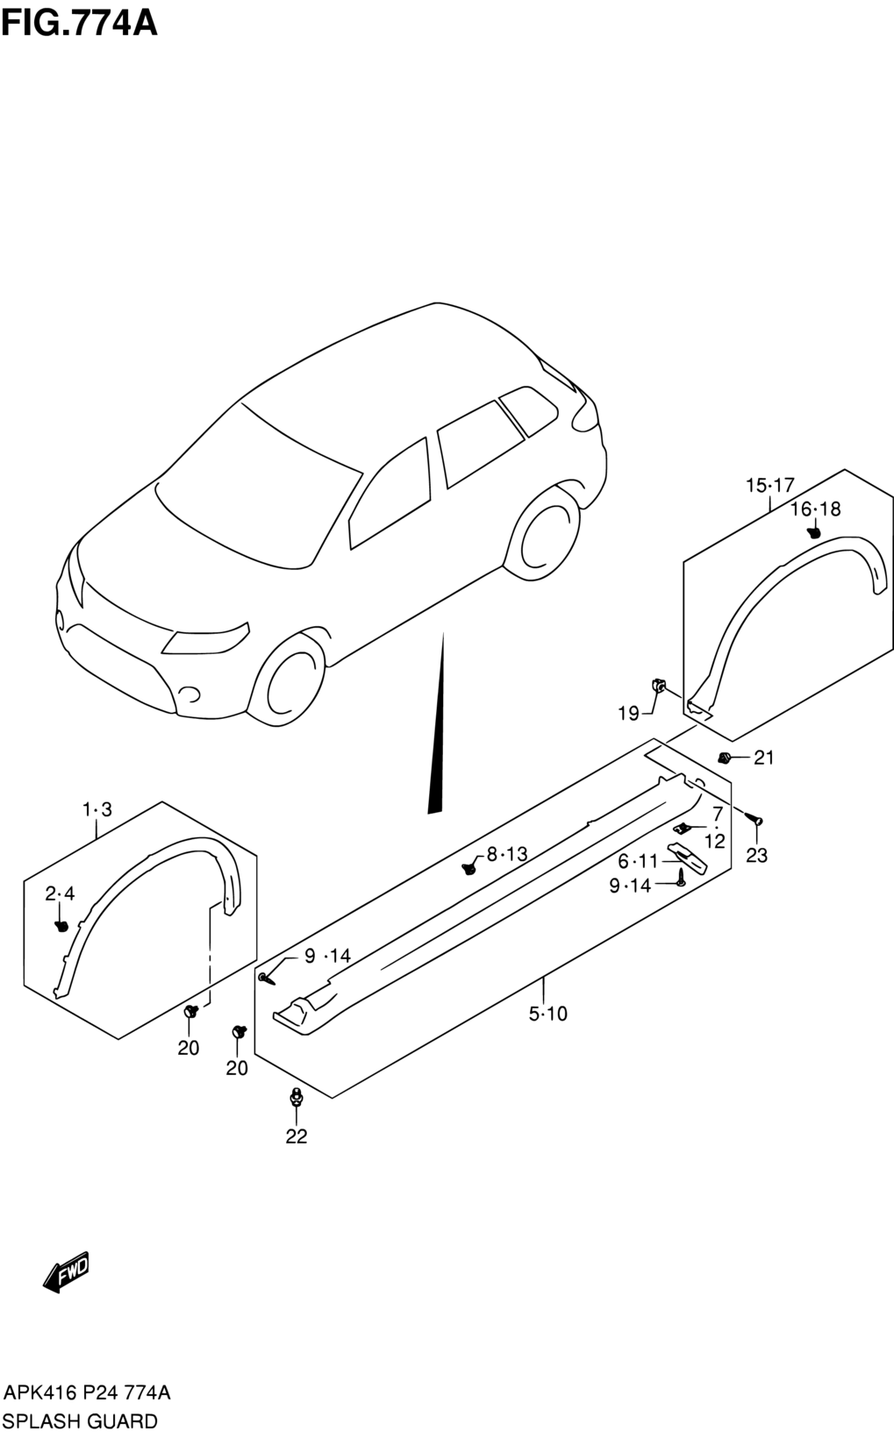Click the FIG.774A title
pos(80,24)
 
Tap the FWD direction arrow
pos(66,1271)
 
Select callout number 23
pos(756,855)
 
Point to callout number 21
pos(763,758)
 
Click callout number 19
pos(629,713)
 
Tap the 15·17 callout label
pos(770,486)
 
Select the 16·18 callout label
pos(815,509)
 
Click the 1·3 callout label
pos(97,809)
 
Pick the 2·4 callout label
pos(60,893)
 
